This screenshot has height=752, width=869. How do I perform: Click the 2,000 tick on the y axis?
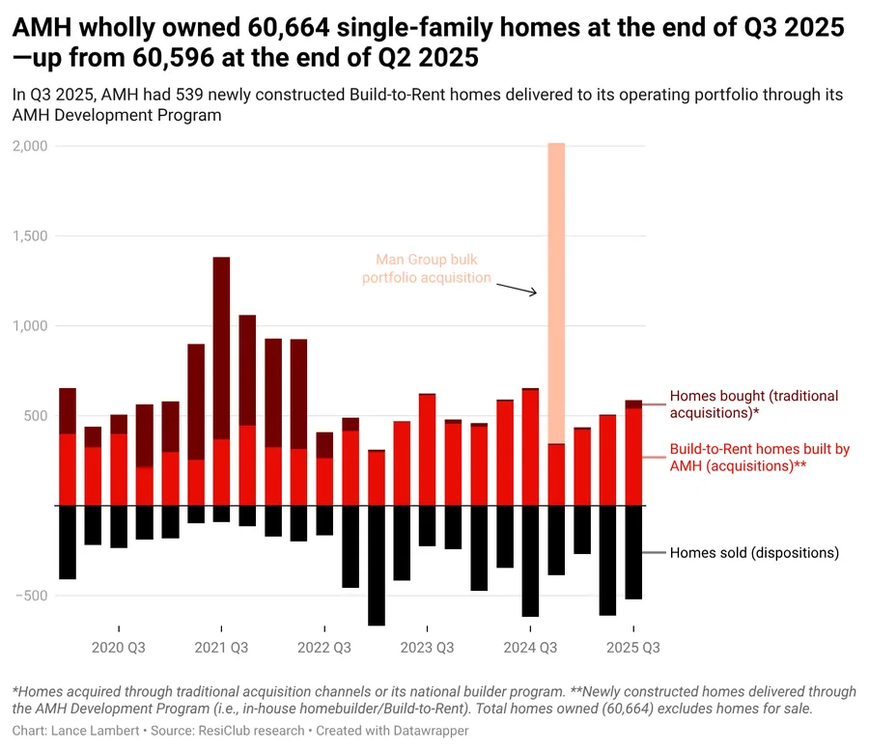tap(33, 146)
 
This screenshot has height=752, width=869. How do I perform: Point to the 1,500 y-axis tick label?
tap(33, 236)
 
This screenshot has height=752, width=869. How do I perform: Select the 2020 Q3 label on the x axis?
tap(119, 648)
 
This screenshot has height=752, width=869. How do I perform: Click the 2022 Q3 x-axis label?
tap(324, 648)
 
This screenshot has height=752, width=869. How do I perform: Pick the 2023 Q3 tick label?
tap(427, 648)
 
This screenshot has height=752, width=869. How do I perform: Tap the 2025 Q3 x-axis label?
tap(632, 648)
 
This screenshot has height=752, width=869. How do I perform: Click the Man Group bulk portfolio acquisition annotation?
tap(426, 269)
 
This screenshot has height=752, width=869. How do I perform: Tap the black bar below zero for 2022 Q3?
tap(324, 520)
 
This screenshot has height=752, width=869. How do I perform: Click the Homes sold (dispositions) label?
tap(754, 553)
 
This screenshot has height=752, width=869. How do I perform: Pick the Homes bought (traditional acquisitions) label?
tap(753, 404)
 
